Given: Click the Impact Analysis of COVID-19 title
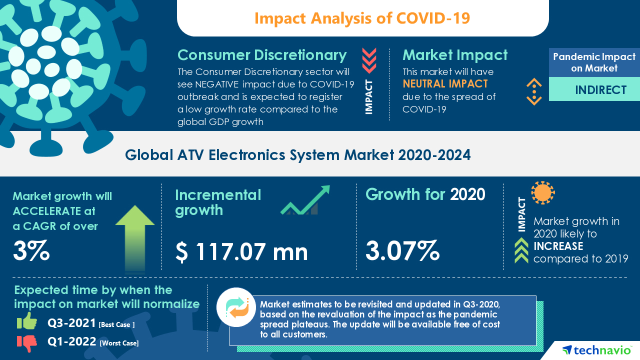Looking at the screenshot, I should click(x=362, y=18).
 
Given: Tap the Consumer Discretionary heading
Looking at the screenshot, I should click(x=262, y=55).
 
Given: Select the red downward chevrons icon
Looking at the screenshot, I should click(x=369, y=60).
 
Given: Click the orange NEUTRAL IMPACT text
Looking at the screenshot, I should click(x=445, y=84).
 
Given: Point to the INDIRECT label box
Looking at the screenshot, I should click(x=594, y=89).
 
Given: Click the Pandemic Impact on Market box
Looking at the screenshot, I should click(x=594, y=62).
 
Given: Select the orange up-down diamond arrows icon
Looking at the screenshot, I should click(x=534, y=91).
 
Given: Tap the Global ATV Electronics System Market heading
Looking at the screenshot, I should click(x=298, y=155).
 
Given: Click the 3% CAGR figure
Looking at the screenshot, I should click(x=31, y=251).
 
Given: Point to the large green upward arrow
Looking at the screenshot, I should click(x=134, y=237).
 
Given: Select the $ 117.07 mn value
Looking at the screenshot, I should click(x=241, y=251).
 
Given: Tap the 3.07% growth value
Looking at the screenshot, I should click(x=402, y=250).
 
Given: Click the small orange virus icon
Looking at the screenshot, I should click(x=542, y=192).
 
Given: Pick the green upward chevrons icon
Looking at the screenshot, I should click(x=521, y=250).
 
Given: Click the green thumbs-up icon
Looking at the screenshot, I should click(x=27, y=322).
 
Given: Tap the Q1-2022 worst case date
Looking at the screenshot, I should click(x=72, y=342).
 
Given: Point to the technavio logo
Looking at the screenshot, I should click(x=596, y=350).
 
